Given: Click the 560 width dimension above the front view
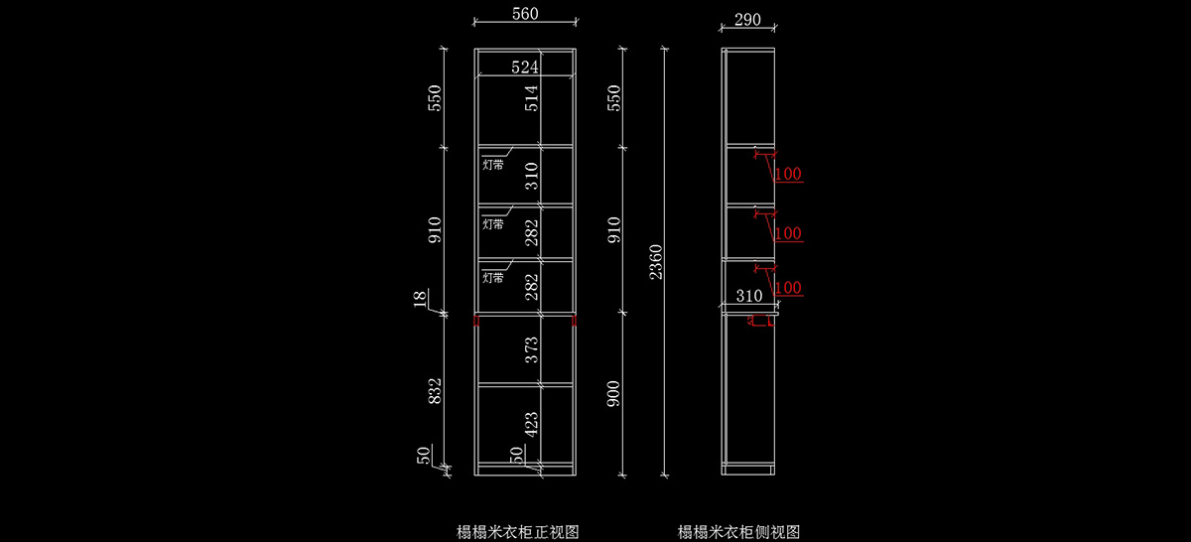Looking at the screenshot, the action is tap(525, 14).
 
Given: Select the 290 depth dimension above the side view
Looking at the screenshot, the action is tap(747, 20).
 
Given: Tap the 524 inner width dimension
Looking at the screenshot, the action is tap(525, 68).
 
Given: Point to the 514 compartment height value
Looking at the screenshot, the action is tap(532, 98).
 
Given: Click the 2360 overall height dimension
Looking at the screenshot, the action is tap(656, 262).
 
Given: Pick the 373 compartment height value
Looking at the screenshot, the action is tap(532, 350).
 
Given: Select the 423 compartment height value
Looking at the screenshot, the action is tap(532, 425).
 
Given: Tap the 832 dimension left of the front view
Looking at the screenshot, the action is tap(435, 391).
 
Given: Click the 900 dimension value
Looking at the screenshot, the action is tap(613, 394).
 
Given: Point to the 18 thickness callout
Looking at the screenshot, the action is tap(420, 299).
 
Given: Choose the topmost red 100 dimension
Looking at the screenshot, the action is tap(788, 174).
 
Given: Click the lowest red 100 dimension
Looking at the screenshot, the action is tap(788, 288).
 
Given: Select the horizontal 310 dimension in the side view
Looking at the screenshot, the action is tap(749, 296).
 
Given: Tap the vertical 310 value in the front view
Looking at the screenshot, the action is tap(532, 176).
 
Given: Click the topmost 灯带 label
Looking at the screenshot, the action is tap(493, 165).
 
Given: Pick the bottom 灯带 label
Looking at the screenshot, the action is tap(493, 278).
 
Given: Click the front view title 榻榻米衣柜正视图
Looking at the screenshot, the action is tap(518, 532).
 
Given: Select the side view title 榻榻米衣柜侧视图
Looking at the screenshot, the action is tap(739, 532).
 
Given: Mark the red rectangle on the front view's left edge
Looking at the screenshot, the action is tap(476, 321).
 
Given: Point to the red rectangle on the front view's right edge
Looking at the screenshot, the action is tap(574, 321).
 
